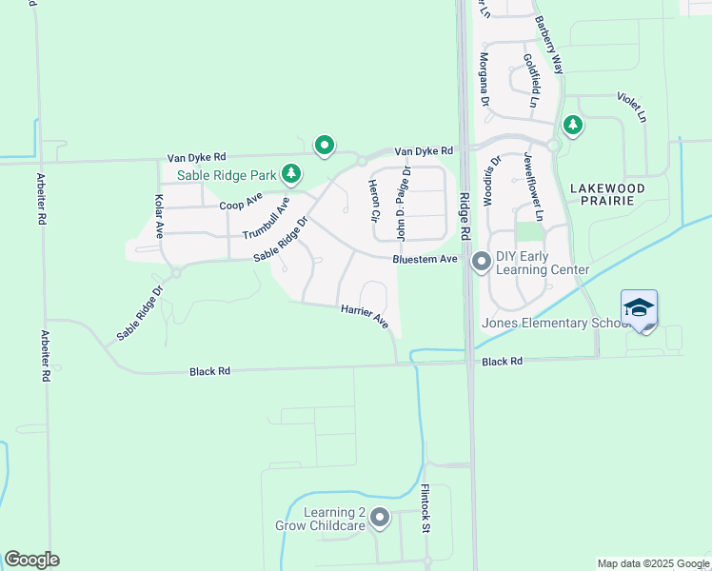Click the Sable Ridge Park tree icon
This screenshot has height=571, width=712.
pos(291,174)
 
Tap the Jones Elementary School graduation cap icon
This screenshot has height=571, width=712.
pos(639,308)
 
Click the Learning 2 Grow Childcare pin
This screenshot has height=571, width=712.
pos(380,519)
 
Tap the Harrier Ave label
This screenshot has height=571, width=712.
pos(365,316)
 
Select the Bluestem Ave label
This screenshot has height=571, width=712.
pos(425,259)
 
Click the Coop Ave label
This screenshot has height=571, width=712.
pos(240,203)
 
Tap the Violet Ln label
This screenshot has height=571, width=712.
pos(631,107)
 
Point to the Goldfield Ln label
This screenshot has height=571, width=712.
pos(530,79)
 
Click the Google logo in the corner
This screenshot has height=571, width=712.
pos(31,560)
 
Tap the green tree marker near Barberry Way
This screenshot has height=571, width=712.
pos(572,124)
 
